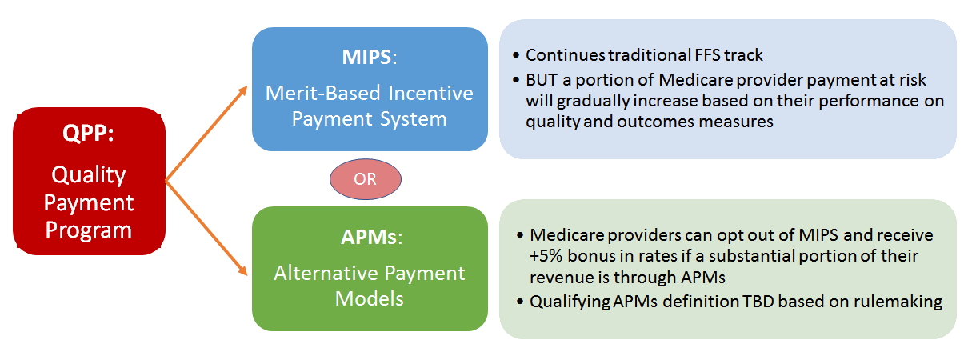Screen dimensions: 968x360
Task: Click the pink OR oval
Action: (365, 179)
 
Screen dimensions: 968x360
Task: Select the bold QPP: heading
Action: (88, 133)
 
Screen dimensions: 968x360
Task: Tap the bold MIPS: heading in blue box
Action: (370, 57)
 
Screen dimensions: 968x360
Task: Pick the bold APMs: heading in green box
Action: (371, 237)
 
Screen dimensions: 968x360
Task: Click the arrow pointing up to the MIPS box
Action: (206, 134)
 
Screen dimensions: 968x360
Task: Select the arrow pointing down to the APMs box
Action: (206, 229)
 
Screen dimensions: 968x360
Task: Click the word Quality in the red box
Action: (89, 175)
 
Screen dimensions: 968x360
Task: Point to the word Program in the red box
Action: (89, 230)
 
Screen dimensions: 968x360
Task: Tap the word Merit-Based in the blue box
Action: (323, 93)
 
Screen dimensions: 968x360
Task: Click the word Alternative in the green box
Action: (326, 273)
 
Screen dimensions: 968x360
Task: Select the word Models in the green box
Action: (370, 298)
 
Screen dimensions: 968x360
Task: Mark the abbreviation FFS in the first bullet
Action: (707, 55)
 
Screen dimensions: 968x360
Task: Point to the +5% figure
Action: (546, 256)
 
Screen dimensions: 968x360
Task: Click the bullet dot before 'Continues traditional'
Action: (515, 55)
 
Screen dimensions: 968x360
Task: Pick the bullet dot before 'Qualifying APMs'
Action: (520, 302)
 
